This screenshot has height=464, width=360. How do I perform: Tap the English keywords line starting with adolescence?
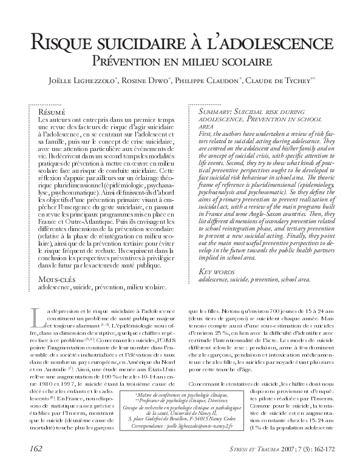pyautogui.click(x=254, y=280)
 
